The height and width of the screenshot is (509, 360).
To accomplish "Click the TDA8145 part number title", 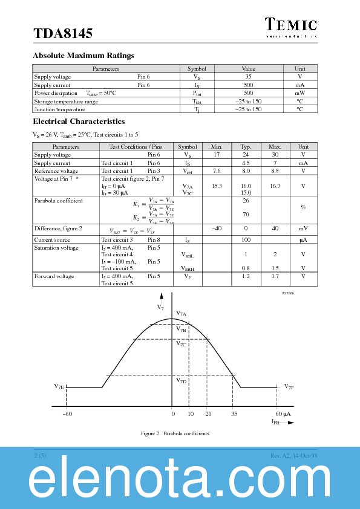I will (63, 34).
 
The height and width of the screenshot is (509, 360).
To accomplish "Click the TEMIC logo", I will (290, 25).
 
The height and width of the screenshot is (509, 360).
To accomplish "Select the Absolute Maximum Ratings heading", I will (83, 56).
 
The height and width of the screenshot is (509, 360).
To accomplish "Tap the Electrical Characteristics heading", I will (79, 122).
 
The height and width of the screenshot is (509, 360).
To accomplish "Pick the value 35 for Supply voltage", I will (248, 77).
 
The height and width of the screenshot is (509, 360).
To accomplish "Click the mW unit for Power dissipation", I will (300, 93).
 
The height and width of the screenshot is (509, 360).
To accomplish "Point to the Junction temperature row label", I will (59, 109).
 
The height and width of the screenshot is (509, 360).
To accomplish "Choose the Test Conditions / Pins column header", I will (136, 147).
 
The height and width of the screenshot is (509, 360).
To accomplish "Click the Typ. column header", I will (246, 147).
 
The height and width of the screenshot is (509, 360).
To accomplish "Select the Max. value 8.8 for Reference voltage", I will (275, 171).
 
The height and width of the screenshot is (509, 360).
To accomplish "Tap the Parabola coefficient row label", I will (58, 200).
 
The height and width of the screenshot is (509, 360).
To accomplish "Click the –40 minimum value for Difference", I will (217, 229).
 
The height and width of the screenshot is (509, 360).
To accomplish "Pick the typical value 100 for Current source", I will (246, 240).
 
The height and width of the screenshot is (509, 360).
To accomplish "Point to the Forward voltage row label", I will (54, 276).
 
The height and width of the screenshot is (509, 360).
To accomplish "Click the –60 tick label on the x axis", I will (67, 414).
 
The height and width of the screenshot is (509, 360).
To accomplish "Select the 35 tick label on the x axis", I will (234, 414).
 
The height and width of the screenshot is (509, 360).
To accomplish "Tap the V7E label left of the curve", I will (59, 386).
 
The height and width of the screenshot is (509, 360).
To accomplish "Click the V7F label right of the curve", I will (289, 386).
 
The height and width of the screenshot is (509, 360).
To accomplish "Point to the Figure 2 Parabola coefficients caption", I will (175, 433).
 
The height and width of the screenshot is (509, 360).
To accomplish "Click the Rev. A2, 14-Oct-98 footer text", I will (293, 455).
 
